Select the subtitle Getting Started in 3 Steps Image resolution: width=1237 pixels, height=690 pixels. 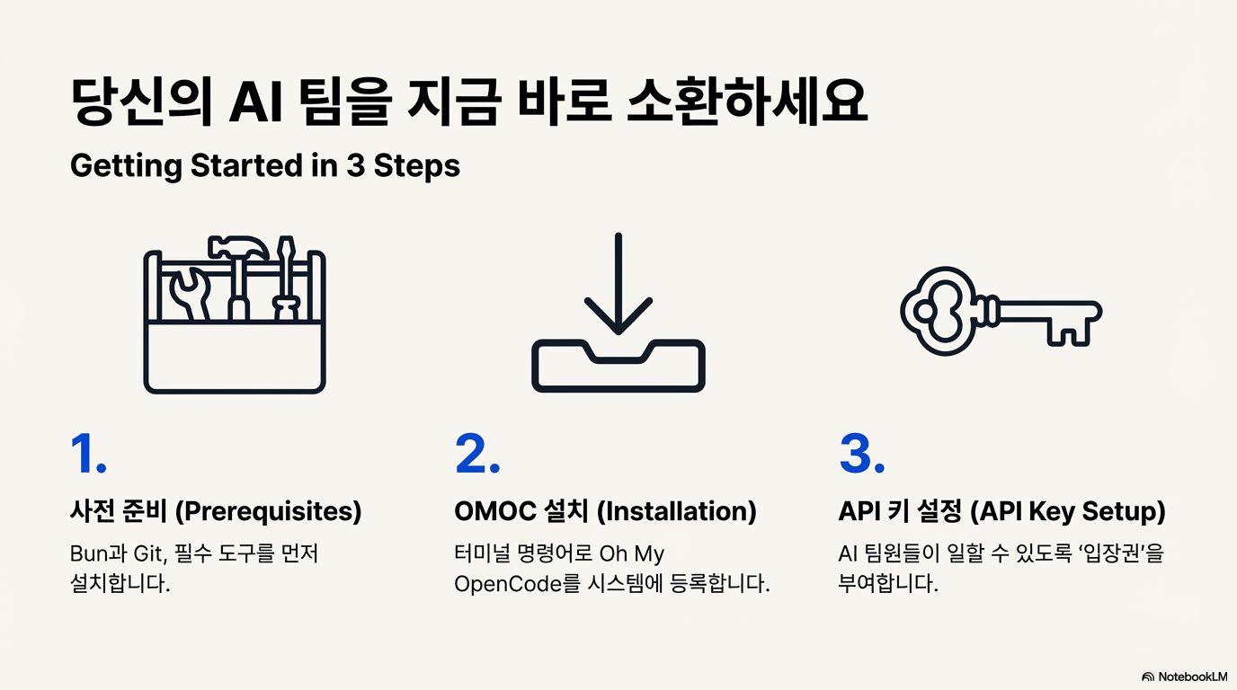pos(264,166)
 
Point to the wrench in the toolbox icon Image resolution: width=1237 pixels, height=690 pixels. pos(191,292)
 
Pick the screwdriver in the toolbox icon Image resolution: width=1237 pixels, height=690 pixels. pos(285,279)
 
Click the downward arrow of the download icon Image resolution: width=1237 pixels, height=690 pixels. pos(618,283)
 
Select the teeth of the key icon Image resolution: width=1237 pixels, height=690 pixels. pos(1070,331)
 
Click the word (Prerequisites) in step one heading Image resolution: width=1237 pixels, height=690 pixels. pos(268,511)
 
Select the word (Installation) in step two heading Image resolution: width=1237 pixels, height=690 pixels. pos(676,511)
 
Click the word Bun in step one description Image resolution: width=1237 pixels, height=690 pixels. pos(88,554)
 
